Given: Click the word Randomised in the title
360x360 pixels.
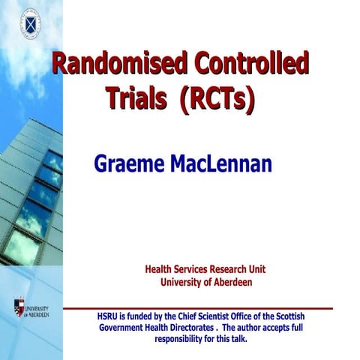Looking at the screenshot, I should coord(109,64).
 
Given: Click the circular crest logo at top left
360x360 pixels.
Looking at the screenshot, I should coord(29,22).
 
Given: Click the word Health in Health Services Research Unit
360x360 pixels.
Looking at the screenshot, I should coord(158,269).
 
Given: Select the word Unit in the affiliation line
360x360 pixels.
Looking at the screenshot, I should coord(257,269).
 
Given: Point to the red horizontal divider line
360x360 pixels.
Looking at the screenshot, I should coord(198,307).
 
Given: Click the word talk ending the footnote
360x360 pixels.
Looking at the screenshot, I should coord(239,339).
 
